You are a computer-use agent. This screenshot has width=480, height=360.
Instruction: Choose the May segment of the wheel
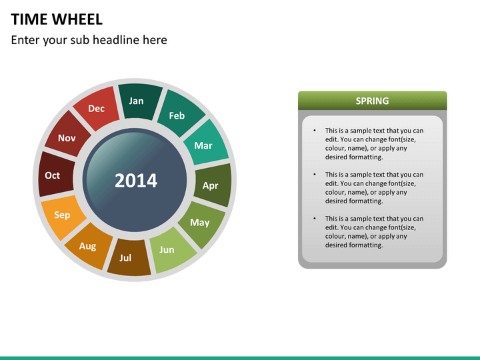pos(201,223)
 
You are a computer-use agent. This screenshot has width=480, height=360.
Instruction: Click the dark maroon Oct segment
pos(53,175)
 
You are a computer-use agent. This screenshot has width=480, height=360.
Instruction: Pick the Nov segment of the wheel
pos(66,137)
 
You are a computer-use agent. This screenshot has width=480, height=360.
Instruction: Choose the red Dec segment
pos(97,108)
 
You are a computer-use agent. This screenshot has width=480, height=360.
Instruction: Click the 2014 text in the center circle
pos(136,181)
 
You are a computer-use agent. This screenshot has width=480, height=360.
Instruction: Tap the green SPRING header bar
pos(372,101)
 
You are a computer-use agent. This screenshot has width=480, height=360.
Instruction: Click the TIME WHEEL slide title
pos(57,19)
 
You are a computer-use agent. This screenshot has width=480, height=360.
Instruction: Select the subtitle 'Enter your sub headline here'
pos(89,40)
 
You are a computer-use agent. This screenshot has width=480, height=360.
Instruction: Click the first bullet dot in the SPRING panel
pos(314,131)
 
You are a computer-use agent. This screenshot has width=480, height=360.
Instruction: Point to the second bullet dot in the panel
pos(314,175)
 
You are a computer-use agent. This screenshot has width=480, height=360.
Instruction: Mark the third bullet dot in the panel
pos(314,219)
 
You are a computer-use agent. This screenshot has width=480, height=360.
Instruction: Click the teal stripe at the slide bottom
pos(240,357)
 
